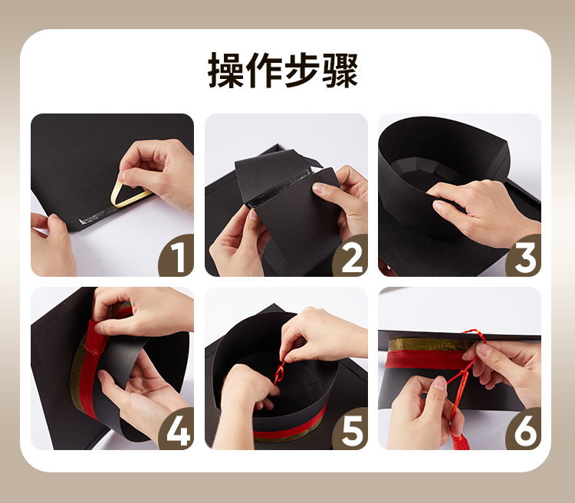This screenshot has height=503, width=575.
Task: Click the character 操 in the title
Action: [227, 71]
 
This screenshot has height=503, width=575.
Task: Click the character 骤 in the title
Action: [341, 71]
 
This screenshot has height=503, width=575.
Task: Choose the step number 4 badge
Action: [177, 432]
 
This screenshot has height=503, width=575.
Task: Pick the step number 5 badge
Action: [350, 432]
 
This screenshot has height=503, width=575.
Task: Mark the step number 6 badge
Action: [524, 432]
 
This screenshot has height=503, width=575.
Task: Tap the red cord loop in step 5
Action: [281, 373]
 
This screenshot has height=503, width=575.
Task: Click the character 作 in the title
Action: [265, 71]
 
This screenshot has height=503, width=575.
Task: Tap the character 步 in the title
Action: [304, 71]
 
